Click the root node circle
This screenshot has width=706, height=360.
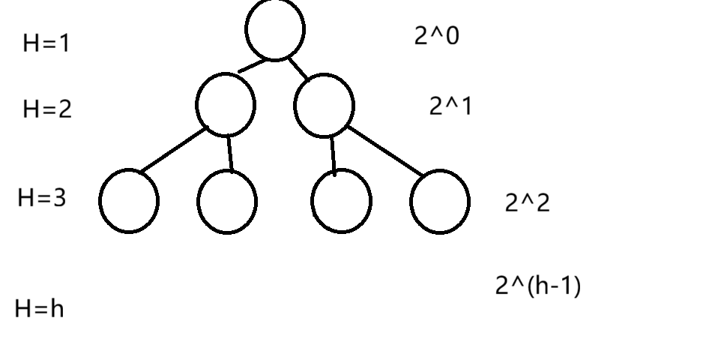[x=275, y=29]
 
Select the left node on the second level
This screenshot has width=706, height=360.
[x=225, y=105]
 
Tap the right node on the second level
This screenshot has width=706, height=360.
[x=324, y=106]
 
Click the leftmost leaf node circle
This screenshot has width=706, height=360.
[x=129, y=201]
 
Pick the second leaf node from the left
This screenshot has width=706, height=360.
[x=227, y=201]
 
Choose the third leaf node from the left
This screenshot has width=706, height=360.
[x=341, y=201]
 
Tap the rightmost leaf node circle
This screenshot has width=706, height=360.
[x=440, y=201]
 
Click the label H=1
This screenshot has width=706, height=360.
[x=46, y=43]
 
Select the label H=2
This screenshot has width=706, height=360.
[x=47, y=109]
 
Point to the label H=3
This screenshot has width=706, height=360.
[x=41, y=198]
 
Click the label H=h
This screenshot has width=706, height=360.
[x=39, y=308]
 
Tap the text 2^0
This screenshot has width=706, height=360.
[x=436, y=35]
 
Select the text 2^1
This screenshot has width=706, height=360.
[x=450, y=106]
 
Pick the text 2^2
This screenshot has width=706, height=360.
[x=527, y=202]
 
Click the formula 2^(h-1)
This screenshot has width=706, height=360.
[x=537, y=285]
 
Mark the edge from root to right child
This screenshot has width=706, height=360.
[x=298, y=67]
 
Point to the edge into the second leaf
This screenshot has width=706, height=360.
[x=229, y=153]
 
